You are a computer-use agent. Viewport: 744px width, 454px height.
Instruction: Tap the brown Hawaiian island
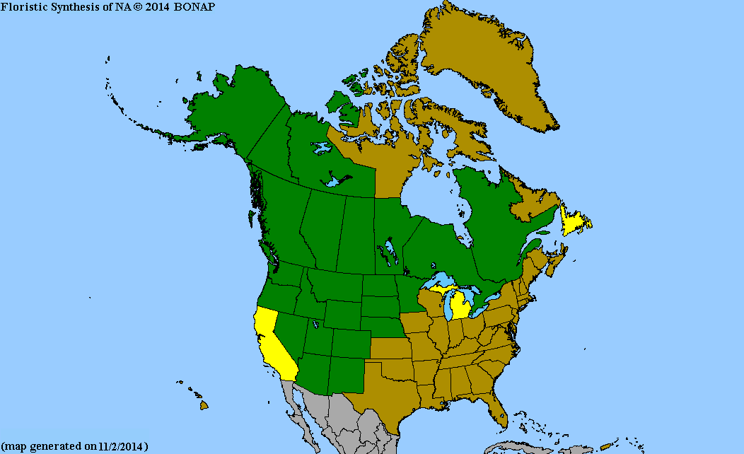(x=204, y=405)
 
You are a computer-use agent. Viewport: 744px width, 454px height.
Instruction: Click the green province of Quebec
(x=488, y=226)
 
